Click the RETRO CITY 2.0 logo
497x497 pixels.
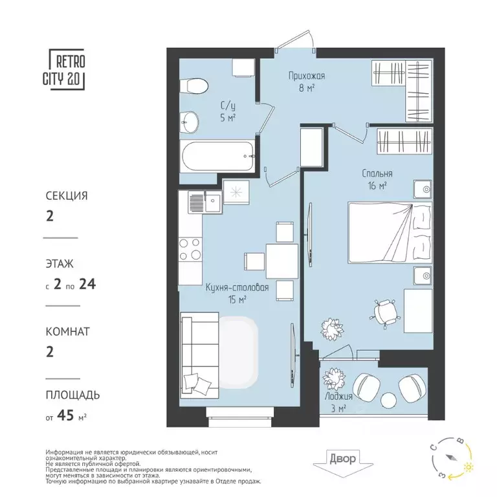(66, 71)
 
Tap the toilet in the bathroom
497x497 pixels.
(195, 84)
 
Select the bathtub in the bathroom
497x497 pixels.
(217, 156)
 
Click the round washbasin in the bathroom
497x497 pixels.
(190, 120)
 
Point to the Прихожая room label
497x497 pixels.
(306, 76)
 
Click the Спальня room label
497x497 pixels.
(376, 173)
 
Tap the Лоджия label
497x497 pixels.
(338, 396)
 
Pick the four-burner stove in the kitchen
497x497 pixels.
(190, 249)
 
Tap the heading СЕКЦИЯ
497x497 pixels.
(67, 195)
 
